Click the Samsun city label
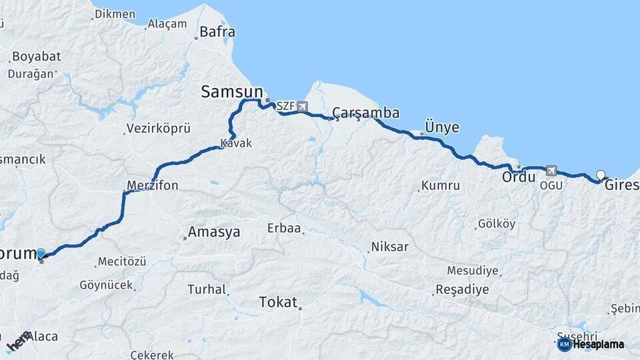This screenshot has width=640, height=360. click(x=231, y=92)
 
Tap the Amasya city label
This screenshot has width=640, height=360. click(x=213, y=232)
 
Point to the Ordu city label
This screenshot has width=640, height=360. click(x=519, y=178)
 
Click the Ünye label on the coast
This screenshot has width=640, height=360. click(x=441, y=127)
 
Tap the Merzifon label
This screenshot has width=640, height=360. click(x=153, y=185)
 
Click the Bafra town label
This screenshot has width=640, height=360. click(x=217, y=31)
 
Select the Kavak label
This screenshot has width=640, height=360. click(x=236, y=143)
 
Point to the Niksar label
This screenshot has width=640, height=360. click(x=390, y=247)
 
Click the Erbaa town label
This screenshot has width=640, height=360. click(x=285, y=229)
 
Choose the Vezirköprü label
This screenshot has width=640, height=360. click(x=159, y=128)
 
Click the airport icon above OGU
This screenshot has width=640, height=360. click(x=551, y=171)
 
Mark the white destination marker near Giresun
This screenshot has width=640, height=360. click(x=601, y=175)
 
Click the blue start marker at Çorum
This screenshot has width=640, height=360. click(x=41, y=253)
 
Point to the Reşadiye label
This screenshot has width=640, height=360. click(x=462, y=290)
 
